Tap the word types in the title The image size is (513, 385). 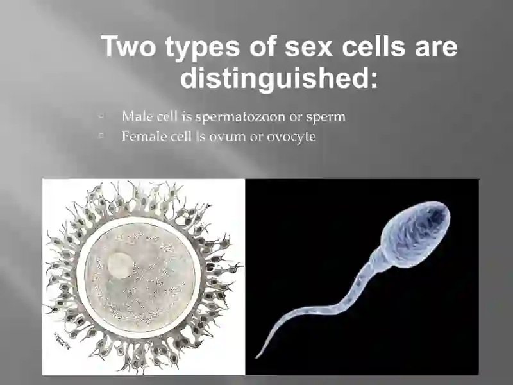[x=203, y=48]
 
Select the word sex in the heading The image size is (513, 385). [x=308, y=47]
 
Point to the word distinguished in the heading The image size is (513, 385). [x=279, y=77]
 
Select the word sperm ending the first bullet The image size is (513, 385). [x=326, y=117]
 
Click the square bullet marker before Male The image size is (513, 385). [x=101, y=116]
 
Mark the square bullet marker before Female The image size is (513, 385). [x=101, y=135]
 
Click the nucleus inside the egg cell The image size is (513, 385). [x=121, y=265]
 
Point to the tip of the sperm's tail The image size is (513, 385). [x=256, y=358]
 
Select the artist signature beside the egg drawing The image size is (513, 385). [x=62, y=341]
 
